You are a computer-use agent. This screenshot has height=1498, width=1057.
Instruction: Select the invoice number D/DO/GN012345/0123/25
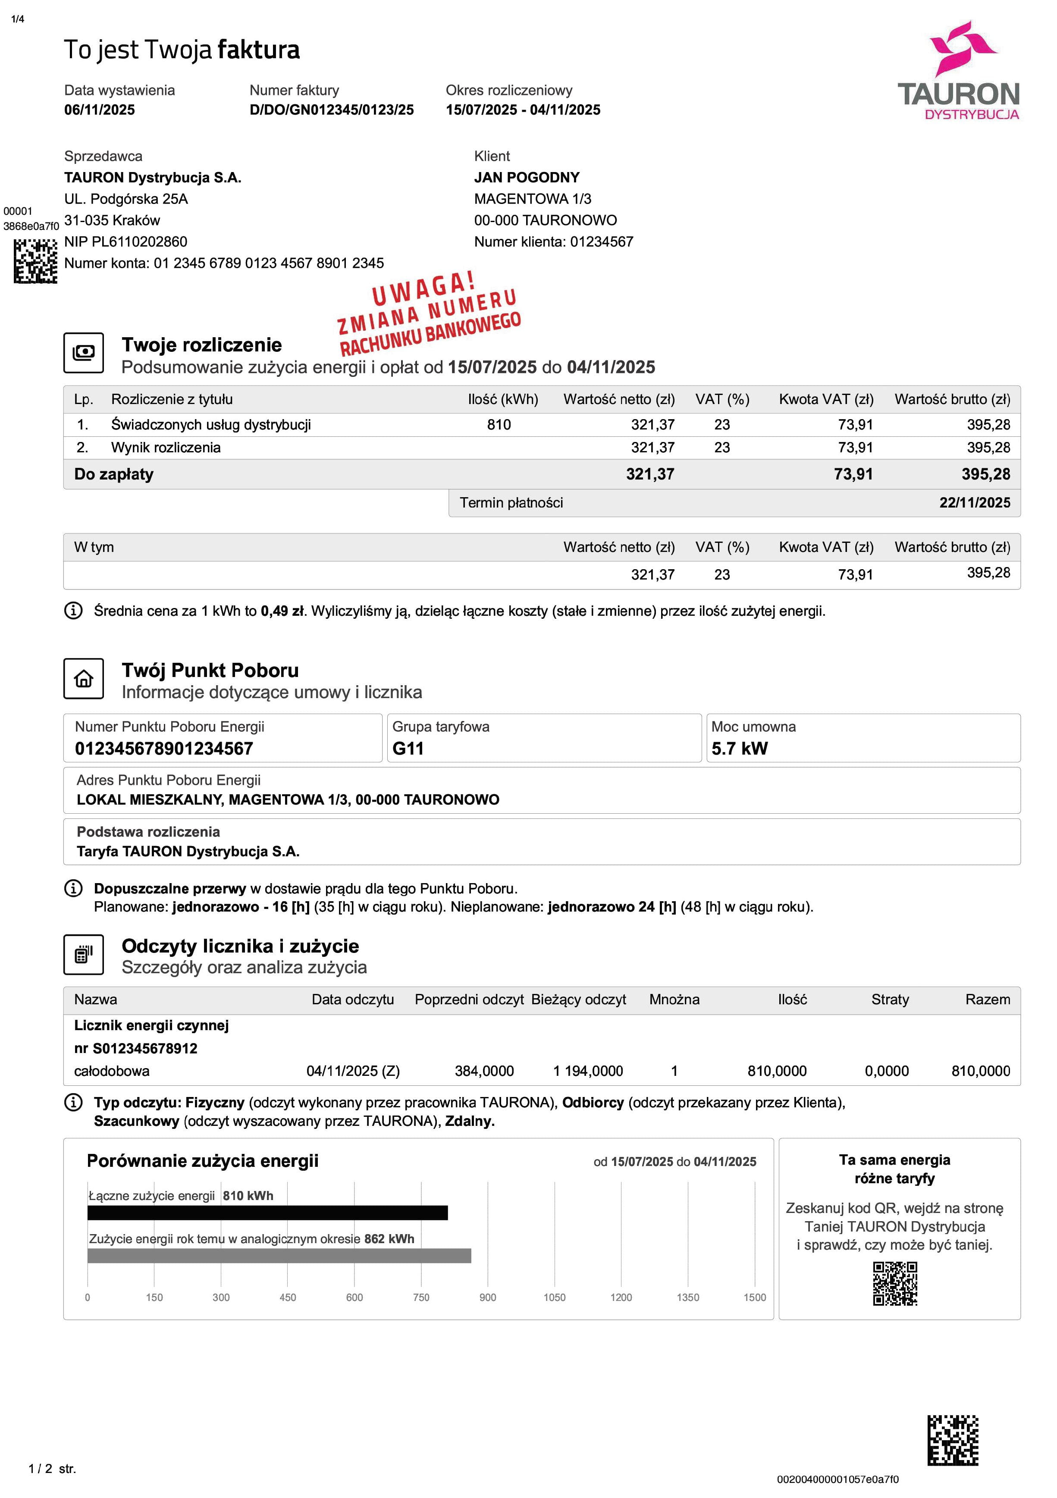pyautogui.click(x=332, y=110)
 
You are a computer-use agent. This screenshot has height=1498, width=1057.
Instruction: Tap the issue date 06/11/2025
pyautogui.click(x=99, y=110)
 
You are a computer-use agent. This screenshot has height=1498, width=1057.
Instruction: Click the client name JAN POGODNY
pyautogui.click(x=527, y=178)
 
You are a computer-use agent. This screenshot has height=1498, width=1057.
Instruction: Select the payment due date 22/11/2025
pyautogui.click(x=974, y=502)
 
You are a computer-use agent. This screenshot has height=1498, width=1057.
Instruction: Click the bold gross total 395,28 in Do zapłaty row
pyautogui.click(x=985, y=474)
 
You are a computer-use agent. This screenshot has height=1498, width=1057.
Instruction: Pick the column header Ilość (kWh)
pyautogui.click(x=502, y=399)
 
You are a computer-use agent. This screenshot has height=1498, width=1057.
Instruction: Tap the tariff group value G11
pyautogui.click(x=408, y=748)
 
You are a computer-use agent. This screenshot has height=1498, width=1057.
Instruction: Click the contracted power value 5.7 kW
pyautogui.click(x=739, y=748)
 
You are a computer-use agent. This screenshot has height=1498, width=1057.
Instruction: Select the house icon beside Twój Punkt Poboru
pyautogui.click(x=84, y=679)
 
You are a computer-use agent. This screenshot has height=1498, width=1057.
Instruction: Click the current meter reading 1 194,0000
pyautogui.click(x=588, y=1071)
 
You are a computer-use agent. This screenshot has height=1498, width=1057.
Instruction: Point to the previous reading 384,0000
pyautogui.click(x=484, y=1071)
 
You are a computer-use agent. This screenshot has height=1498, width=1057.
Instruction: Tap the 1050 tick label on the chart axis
pyautogui.click(x=554, y=1297)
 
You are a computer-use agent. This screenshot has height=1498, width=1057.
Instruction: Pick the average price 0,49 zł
pyautogui.click(x=282, y=611)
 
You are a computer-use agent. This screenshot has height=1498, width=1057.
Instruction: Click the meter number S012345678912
pyautogui.click(x=145, y=1048)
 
